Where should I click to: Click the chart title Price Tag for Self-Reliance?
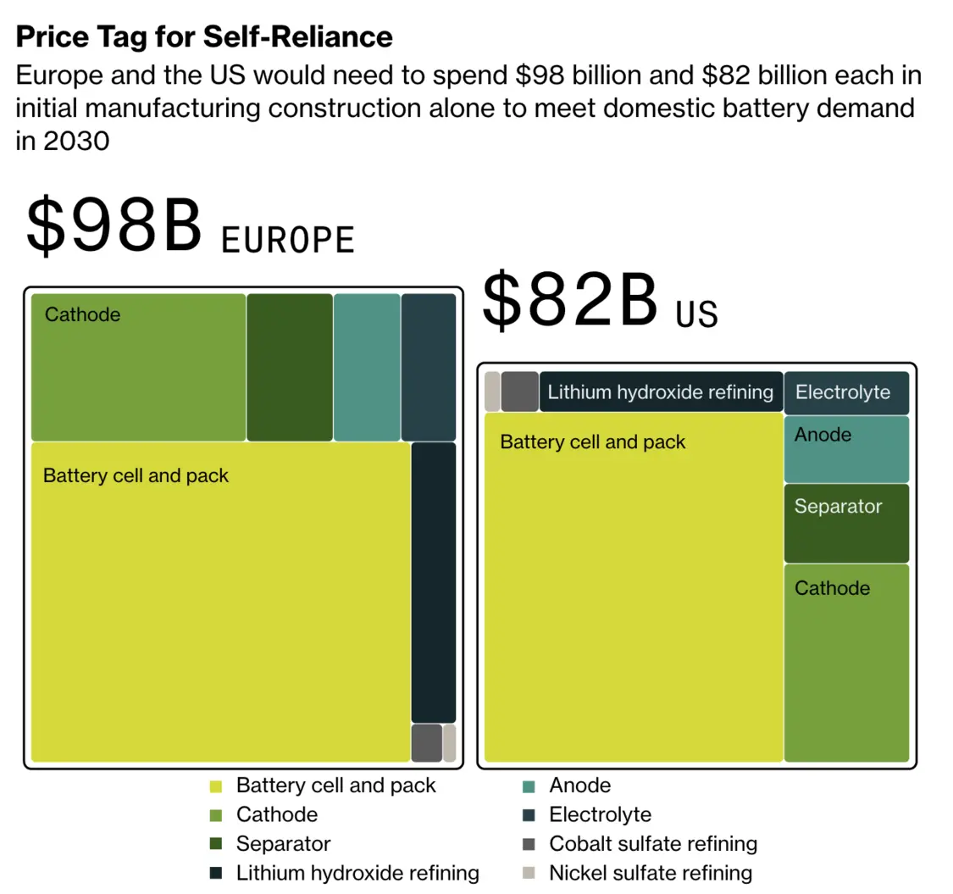click(x=204, y=36)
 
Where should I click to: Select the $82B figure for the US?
click(x=569, y=301)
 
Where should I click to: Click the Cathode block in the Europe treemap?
click(x=138, y=367)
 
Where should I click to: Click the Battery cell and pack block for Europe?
click(x=220, y=602)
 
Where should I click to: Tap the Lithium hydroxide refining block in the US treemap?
click(x=661, y=391)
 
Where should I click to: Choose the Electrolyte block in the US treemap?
click(x=846, y=392)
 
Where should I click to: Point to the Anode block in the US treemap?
click(x=846, y=449)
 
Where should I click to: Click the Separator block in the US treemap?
click(x=846, y=523)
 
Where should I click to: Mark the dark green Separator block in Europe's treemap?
click(x=290, y=367)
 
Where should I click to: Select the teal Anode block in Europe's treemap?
click(x=367, y=367)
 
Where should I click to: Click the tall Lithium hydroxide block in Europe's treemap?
click(x=434, y=582)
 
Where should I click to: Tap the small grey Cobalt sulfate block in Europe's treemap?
click(x=427, y=742)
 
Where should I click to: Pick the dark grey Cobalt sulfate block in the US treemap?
click(x=519, y=391)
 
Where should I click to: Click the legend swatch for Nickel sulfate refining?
click(x=529, y=873)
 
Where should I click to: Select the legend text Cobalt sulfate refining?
click(x=653, y=844)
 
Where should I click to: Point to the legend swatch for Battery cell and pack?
click(x=216, y=786)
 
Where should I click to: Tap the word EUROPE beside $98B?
click(x=287, y=240)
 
